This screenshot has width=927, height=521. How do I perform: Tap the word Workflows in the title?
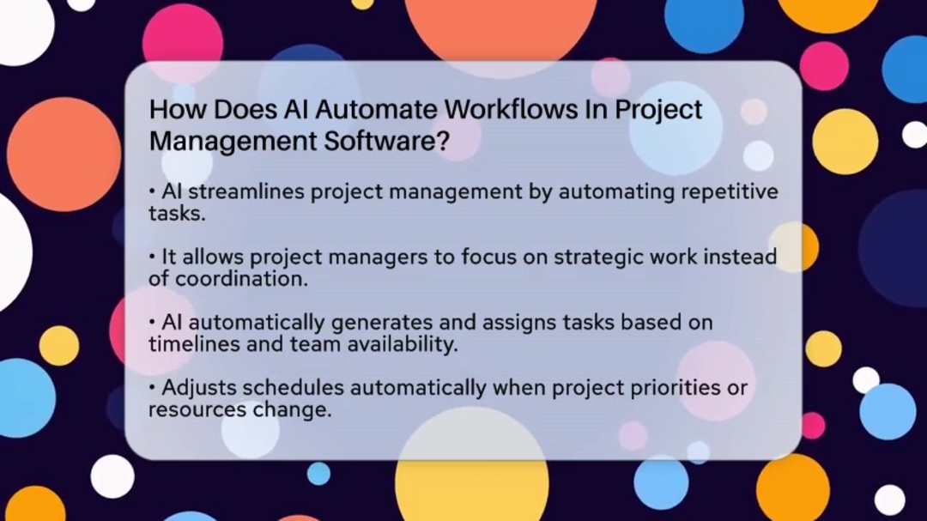511,110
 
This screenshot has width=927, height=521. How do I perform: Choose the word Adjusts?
199,389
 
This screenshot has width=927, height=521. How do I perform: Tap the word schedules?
294,388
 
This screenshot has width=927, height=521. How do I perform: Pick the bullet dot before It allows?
152,257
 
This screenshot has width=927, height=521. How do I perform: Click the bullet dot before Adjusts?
152,388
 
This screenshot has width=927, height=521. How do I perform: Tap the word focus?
488,257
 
